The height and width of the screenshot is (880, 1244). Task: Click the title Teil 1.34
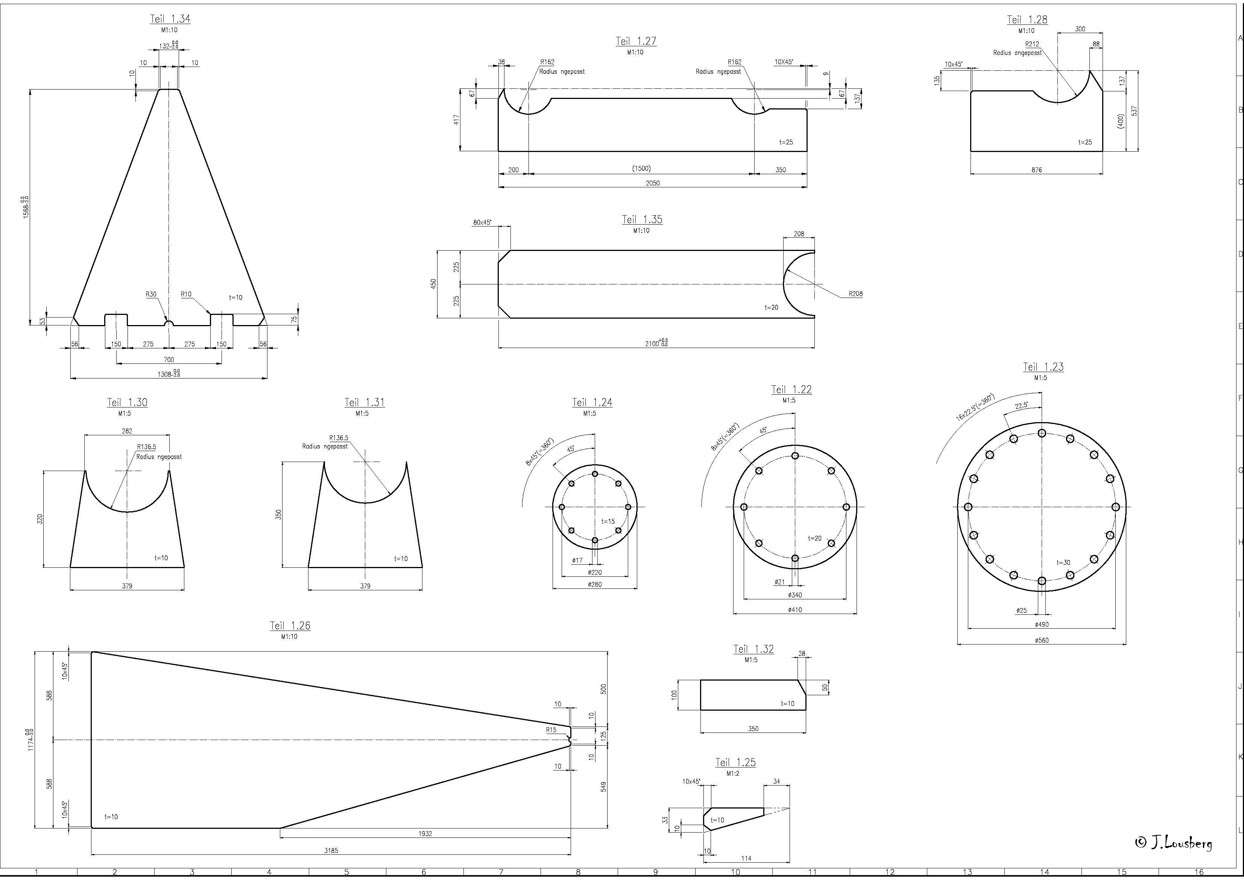pyautogui.click(x=170, y=19)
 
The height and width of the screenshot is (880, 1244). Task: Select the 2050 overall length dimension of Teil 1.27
pyautogui.click(x=652, y=183)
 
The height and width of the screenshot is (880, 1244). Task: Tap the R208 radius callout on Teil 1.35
pyautogui.click(x=855, y=294)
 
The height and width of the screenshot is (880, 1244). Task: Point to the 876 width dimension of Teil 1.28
pyautogui.click(x=1036, y=170)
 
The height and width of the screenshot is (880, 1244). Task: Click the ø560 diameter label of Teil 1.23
pyautogui.click(x=1041, y=640)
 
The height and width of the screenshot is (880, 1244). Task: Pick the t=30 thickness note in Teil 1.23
pyautogui.click(x=1063, y=562)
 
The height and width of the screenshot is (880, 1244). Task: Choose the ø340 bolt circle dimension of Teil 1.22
pyautogui.click(x=795, y=595)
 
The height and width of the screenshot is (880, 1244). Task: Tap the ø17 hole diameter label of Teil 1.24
pyautogui.click(x=577, y=560)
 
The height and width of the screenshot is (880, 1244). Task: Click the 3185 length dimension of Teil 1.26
pyautogui.click(x=331, y=851)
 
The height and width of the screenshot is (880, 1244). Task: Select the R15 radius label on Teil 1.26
pyautogui.click(x=551, y=730)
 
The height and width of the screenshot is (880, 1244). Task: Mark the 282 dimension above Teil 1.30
pyautogui.click(x=127, y=431)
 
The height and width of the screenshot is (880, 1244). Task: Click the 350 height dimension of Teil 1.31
pyautogui.click(x=278, y=514)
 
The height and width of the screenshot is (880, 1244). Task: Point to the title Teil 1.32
pyautogui.click(x=753, y=649)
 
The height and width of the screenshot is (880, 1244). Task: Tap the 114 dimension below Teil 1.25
pyautogui.click(x=746, y=858)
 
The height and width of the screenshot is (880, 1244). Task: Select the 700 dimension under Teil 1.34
pyautogui.click(x=169, y=359)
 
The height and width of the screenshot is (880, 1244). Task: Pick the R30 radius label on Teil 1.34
pyautogui.click(x=150, y=294)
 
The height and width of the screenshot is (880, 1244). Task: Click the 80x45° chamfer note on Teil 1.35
pyautogui.click(x=481, y=222)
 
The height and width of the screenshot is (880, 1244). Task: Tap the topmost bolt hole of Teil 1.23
pyautogui.click(x=1041, y=433)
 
